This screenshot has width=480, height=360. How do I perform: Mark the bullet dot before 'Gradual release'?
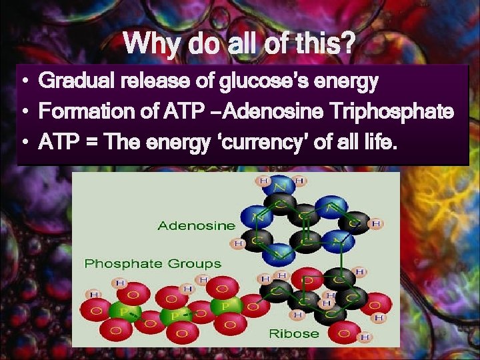tap(23, 83)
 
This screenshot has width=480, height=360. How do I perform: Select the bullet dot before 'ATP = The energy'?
tap(23, 141)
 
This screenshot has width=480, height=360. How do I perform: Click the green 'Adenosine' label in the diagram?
tap(197, 225)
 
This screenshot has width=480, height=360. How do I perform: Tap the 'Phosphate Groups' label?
tap(153, 264)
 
